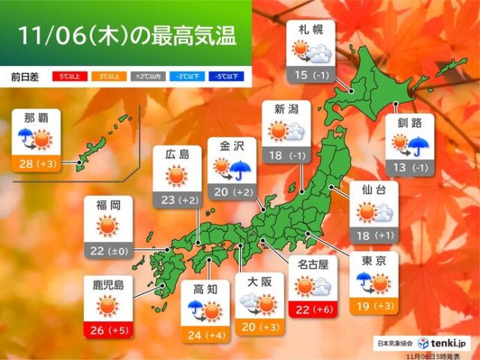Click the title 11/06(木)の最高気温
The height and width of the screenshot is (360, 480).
[124, 34]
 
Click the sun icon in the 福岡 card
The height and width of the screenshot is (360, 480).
[107, 225]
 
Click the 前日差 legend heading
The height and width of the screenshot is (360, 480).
[26, 76]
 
